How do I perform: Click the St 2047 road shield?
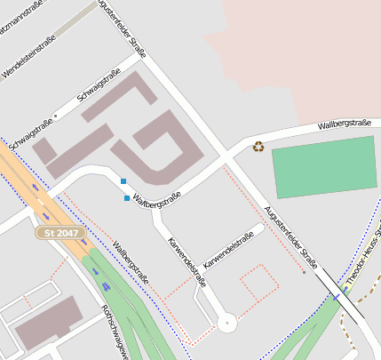point(61,233)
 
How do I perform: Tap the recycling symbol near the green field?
point(258,147)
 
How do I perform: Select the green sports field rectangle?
point(324,166)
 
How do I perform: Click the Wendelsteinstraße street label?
point(29,55)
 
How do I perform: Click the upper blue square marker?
point(123,181)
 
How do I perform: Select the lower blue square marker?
point(127,197)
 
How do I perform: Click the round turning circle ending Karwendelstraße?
point(226,324)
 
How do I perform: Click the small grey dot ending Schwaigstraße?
point(55,116)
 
